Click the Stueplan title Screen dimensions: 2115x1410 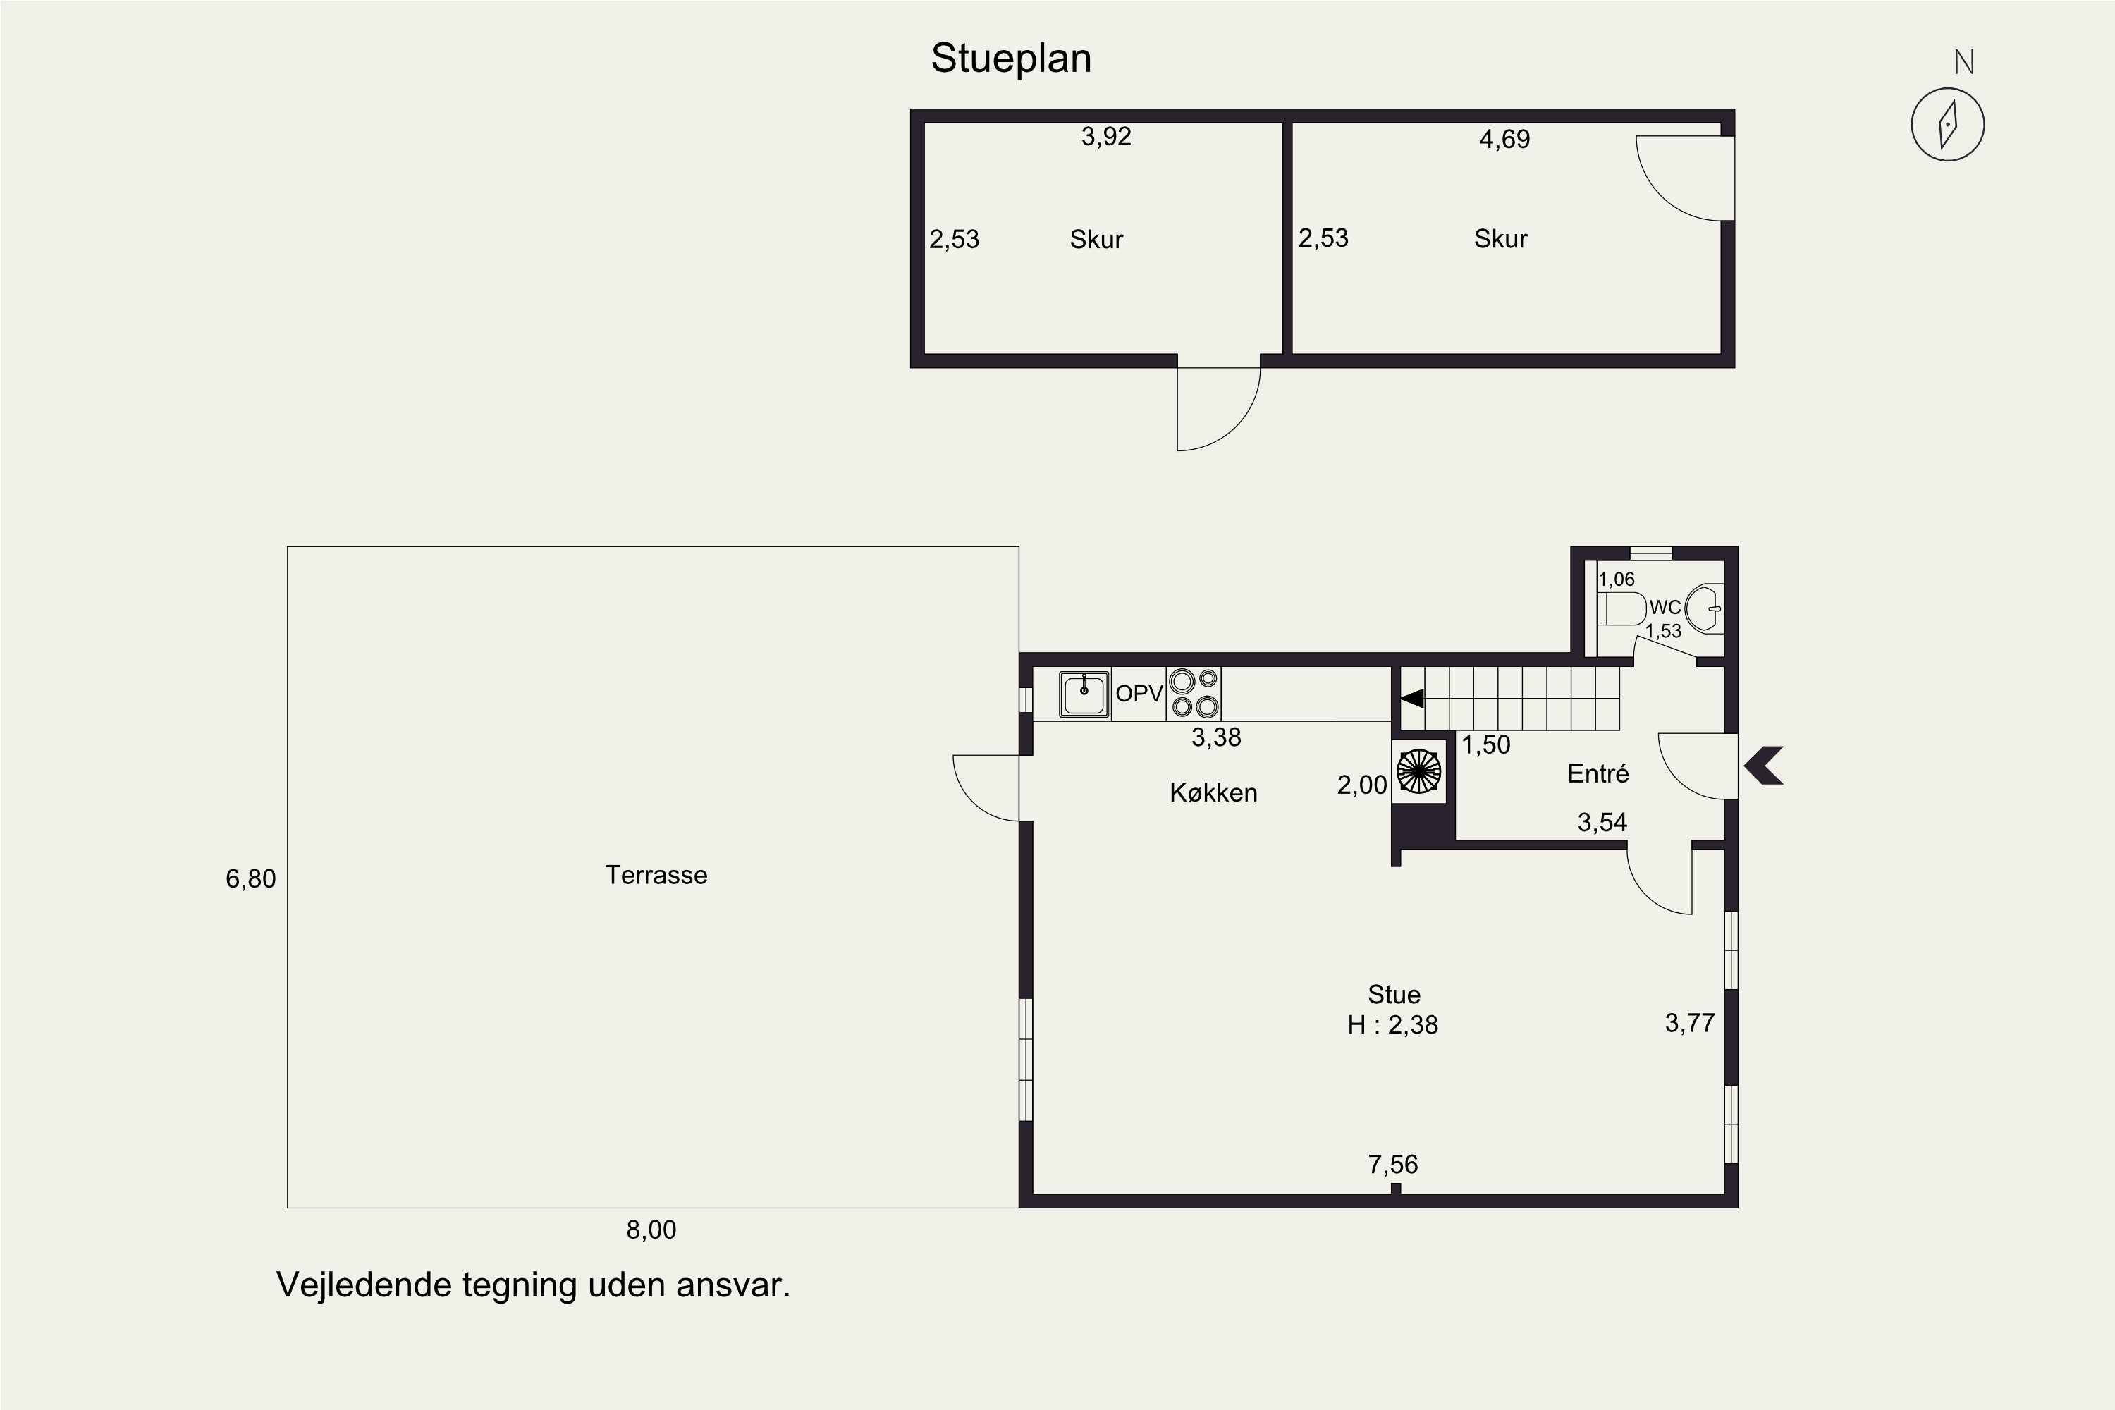click(x=1011, y=59)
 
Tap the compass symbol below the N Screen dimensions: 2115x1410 click(x=1948, y=124)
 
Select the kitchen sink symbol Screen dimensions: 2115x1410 click(x=1084, y=694)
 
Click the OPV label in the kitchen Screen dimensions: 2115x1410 click(x=1139, y=693)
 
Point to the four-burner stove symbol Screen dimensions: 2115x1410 click(x=1194, y=693)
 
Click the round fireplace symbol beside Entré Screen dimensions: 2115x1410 click(x=1419, y=771)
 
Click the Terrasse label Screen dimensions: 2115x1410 click(x=656, y=875)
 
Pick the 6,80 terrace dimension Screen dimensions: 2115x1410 click(x=251, y=878)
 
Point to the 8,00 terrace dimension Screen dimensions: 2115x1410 click(x=651, y=1230)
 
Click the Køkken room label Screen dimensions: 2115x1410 click(x=1213, y=792)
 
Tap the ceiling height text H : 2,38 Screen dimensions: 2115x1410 click(x=1393, y=1025)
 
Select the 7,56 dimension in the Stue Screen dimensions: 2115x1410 click(x=1393, y=1165)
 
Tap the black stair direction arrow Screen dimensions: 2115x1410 click(x=1412, y=698)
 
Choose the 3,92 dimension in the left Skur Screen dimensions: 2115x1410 click(x=1106, y=137)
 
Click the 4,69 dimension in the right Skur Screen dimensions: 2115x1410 click(x=1504, y=140)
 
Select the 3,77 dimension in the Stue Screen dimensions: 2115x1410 click(x=1690, y=1024)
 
